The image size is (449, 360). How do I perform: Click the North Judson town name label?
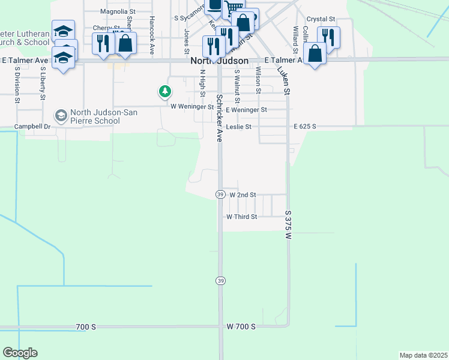coord(220,61)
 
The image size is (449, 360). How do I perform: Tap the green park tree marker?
coord(164,92)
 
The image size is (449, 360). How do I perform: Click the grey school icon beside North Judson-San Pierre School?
coord(61,115)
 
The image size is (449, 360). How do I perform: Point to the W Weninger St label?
coord(192,107)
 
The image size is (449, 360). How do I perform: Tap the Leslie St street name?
coord(238,127)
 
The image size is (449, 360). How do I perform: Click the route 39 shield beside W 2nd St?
coord(221,194)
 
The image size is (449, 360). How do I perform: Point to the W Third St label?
coord(241,217)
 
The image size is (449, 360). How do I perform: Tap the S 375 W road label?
coord(288,225)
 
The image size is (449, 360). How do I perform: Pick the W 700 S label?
coord(241,326)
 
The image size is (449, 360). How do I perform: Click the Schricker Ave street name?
coord(220,118)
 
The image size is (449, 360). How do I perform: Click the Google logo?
coord(20,353)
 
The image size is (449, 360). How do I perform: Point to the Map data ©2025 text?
coord(423,355)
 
